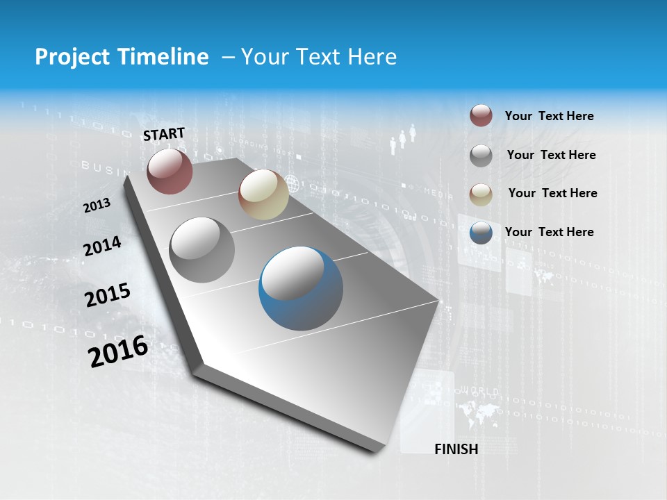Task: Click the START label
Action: tap(164, 134)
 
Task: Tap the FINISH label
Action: tap(456, 449)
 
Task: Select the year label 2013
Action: tap(97, 206)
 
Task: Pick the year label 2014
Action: tap(103, 247)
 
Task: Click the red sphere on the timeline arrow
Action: tap(170, 171)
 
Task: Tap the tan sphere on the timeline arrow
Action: tap(263, 194)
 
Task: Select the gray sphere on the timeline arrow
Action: tap(202, 250)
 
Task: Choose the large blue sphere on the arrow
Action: tap(301, 288)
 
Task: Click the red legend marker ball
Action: tap(481, 116)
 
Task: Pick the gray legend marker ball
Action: tap(481, 155)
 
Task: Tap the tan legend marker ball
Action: tap(481, 194)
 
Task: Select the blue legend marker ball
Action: tap(481, 233)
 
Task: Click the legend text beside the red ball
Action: tap(549, 117)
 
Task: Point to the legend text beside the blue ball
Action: tap(549, 232)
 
